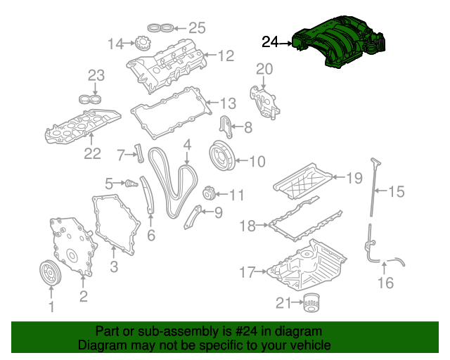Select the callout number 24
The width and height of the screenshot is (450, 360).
click(271, 42)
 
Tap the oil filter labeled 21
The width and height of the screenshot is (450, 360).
click(311, 304)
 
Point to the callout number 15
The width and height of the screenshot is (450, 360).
click(397, 191)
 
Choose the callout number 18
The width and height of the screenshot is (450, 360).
click(247, 226)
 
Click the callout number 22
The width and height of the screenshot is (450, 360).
click(93, 153)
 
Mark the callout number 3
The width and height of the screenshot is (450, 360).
click(113, 266)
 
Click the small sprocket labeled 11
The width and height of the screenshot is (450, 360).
click(208, 194)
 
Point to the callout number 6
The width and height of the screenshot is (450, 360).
click(150, 236)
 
